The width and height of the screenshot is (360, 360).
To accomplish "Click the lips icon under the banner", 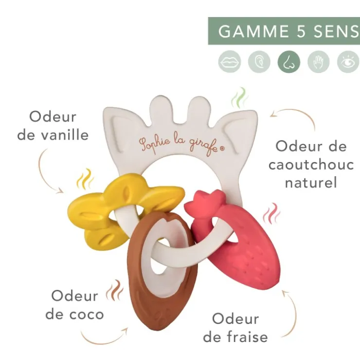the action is coord(230,62).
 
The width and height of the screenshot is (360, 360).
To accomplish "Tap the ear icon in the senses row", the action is coord(259,62).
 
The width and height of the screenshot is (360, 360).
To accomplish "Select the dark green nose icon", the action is coord(289,62).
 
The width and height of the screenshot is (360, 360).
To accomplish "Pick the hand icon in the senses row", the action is coord(319,62).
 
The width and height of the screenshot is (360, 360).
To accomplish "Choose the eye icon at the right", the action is coord(348,62).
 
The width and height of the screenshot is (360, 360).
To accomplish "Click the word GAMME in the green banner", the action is coord(253,31).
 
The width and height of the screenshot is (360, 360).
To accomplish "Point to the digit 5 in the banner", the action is coord(301,31).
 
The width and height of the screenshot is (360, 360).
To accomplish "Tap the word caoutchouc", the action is coord(311,164).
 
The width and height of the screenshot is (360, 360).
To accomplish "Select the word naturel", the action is coord(311,182).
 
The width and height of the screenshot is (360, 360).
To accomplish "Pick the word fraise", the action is coord(247,337).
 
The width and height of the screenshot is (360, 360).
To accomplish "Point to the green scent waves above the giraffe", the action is coord(239,98).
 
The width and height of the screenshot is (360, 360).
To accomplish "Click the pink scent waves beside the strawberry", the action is coord(271,214).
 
